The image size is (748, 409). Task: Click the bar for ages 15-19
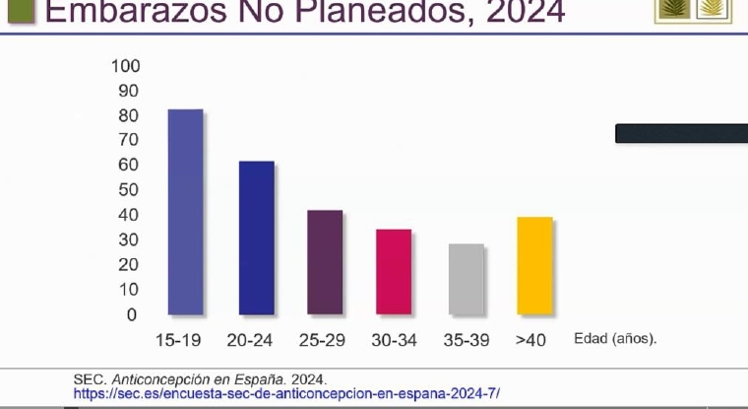click(185, 212)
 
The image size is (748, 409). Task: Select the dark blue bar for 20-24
click(256, 238)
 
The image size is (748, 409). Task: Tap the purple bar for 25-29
click(325, 262)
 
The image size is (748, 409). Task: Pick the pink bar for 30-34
click(394, 272)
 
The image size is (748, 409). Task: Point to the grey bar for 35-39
click(466, 279)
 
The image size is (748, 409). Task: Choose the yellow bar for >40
click(534, 265)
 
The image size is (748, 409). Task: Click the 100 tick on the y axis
click(127, 66)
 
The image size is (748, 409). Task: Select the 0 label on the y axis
click(132, 314)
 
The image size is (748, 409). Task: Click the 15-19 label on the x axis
click(179, 340)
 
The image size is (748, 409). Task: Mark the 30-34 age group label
click(394, 340)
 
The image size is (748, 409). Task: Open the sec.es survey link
click(286, 393)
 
